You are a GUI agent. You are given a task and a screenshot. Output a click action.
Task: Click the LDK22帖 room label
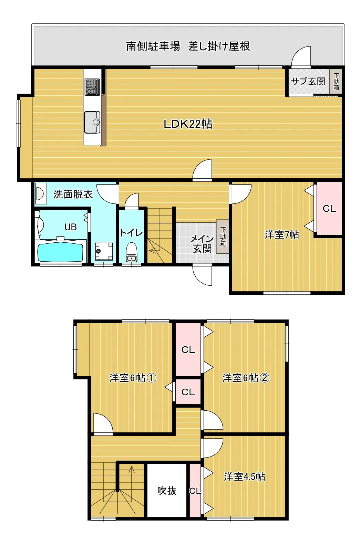[188, 124]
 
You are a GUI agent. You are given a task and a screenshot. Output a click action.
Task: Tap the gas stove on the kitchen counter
[92, 87]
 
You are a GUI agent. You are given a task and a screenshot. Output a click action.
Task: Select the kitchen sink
[92, 122]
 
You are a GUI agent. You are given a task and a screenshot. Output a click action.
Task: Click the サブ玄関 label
[308, 81]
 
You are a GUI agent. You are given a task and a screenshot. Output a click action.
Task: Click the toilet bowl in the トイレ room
[132, 252]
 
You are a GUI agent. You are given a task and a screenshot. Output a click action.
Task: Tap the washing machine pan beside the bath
[104, 251]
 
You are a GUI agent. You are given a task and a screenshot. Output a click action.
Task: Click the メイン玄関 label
[202, 243]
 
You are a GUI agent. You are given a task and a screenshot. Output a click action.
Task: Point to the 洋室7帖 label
[282, 235]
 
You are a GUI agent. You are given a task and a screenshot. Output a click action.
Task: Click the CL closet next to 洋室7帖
[329, 208]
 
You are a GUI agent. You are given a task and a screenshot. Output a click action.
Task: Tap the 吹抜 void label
[167, 491]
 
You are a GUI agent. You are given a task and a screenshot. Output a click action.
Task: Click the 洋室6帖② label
[246, 378]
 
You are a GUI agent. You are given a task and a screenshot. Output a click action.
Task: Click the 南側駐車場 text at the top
[153, 46]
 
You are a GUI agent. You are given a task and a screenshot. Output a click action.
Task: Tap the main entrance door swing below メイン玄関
[202, 275]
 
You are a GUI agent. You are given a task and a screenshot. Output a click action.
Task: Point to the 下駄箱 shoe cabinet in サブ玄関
[336, 81]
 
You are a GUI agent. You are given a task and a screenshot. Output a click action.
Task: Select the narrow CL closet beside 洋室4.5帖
[195, 491]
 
